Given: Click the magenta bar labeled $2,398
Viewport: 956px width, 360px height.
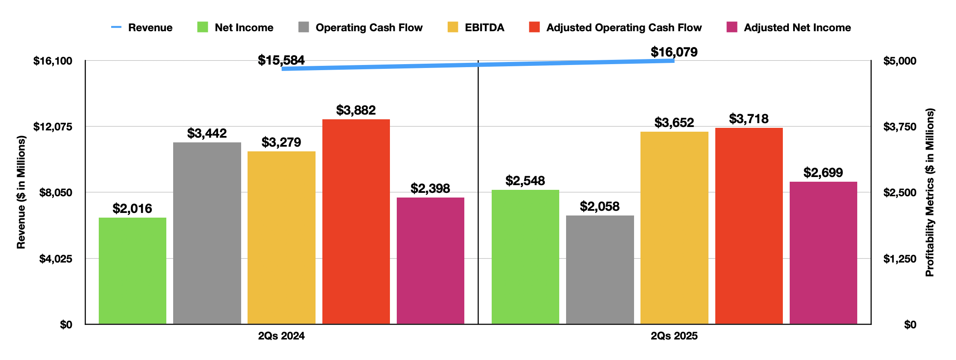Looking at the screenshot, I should [x=430, y=260].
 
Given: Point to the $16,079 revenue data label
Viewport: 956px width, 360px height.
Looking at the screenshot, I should [x=674, y=52].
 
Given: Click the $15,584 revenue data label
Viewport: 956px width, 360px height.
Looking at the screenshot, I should [x=281, y=60].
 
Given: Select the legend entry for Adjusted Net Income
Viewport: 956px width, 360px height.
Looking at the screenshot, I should [x=797, y=28].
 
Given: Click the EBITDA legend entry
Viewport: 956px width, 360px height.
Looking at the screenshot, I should [x=484, y=28].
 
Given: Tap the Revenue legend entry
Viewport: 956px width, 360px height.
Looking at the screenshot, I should [x=150, y=28].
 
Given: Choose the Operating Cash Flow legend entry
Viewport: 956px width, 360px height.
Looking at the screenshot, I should [x=369, y=28].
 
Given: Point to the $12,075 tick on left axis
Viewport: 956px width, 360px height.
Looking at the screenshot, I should [x=53, y=127].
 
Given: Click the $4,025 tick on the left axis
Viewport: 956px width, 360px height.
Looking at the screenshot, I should [x=56, y=259].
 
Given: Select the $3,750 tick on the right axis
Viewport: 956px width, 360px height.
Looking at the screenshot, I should [x=900, y=127].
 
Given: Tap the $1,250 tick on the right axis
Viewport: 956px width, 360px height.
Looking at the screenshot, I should [x=900, y=259].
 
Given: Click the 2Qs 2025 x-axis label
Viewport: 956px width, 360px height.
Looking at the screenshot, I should [x=674, y=336].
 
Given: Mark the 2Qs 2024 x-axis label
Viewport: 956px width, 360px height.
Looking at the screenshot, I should [x=281, y=336].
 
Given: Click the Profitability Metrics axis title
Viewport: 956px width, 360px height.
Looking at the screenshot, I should [x=929, y=192].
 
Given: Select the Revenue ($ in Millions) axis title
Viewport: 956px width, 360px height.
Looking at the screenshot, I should [x=21, y=192].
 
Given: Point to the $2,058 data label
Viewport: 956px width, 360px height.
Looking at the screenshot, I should [x=599, y=207].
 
